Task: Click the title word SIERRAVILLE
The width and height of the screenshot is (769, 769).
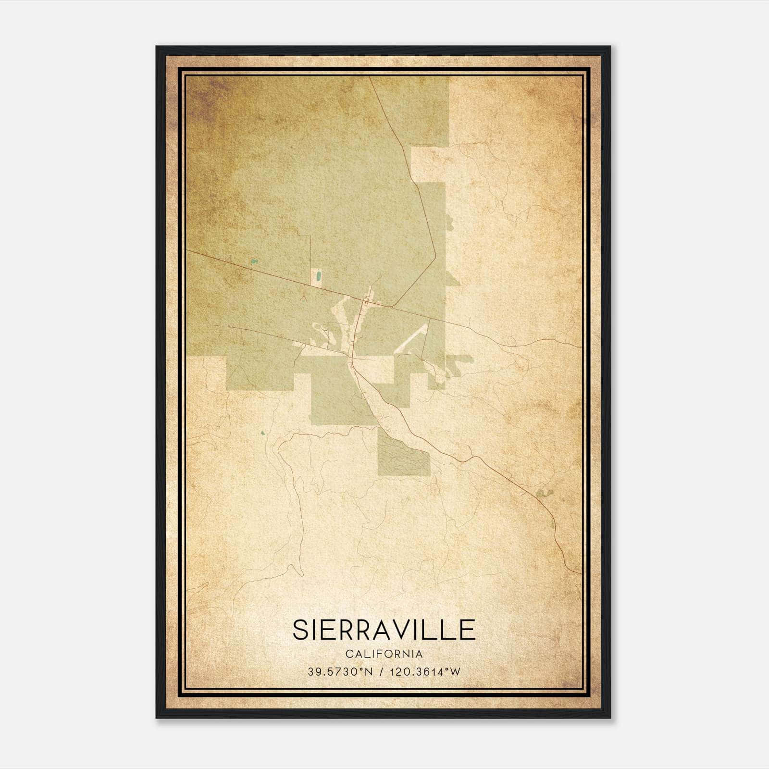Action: tap(384, 630)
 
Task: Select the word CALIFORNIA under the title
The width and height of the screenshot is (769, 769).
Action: tap(384, 654)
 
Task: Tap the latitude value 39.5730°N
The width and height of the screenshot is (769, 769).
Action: tap(340, 672)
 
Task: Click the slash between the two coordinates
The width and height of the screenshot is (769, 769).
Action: tap(381, 672)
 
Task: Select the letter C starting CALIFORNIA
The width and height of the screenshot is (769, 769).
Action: tap(348, 654)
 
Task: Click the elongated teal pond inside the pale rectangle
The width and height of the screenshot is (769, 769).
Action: tap(318, 277)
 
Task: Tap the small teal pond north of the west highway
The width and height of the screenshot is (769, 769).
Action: tap(254, 261)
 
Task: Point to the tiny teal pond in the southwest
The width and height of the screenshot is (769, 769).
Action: tap(262, 434)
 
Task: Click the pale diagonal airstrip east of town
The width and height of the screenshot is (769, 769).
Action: tap(411, 339)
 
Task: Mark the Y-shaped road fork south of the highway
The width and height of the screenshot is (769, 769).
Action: tap(304, 294)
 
